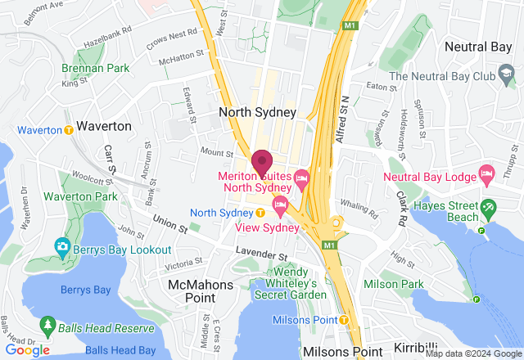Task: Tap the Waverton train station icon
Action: [68, 130]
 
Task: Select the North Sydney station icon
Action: [260, 213]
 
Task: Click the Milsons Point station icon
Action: [344, 319]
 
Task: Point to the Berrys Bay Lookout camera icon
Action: [62, 245]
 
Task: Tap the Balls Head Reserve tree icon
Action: [47, 327]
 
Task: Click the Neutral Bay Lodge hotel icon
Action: [488, 172]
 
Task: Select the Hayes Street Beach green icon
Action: [489, 205]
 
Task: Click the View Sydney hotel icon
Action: [280, 203]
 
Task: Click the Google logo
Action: [28, 349]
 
